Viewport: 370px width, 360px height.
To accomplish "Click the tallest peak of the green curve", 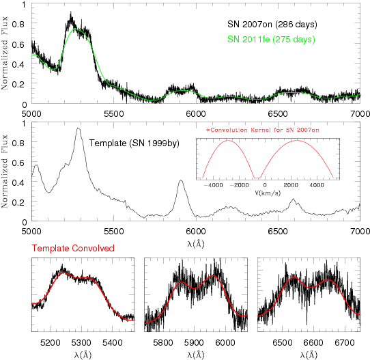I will click(x=76, y=29).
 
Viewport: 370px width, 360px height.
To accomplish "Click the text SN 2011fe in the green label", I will click(x=248, y=40).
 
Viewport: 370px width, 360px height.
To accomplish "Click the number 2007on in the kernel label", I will click(x=307, y=130).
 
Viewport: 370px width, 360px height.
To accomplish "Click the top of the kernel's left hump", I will click(x=228, y=141).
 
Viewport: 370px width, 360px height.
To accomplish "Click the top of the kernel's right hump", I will click(x=297, y=141).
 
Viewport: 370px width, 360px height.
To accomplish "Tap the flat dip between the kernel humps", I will click(x=257, y=178).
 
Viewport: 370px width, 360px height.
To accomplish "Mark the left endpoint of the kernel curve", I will click(x=203, y=178).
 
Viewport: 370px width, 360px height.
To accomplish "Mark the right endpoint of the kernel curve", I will click(x=333, y=178).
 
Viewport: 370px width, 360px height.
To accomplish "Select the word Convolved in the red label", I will click(x=93, y=249).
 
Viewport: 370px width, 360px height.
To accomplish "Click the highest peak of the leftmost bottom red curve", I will click(x=64, y=273).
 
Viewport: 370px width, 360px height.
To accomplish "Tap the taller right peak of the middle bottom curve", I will click(x=214, y=276).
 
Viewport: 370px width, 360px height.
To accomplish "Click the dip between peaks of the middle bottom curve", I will click(x=195, y=288).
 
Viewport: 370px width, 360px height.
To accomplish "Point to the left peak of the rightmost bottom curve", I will click(x=294, y=278).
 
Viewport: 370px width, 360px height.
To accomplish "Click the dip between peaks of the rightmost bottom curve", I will click(x=311, y=288).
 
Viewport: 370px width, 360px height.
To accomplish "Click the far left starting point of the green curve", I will click(x=32, y=55).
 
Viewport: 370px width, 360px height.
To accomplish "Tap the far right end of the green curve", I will click(x=360, y=94).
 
